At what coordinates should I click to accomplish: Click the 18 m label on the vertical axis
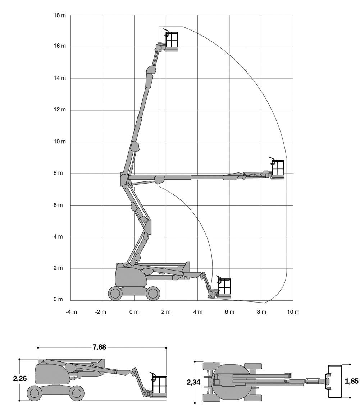tap(59, 15)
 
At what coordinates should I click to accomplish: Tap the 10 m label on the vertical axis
tap(59, 142)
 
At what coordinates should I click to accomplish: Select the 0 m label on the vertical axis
tap(58, 299)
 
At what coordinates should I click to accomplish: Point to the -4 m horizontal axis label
tap(71, 312)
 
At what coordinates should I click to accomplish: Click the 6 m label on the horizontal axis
tap(229, 312)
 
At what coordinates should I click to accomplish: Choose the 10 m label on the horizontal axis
tap(293, 312)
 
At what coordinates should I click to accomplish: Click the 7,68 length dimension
tap(100, 347)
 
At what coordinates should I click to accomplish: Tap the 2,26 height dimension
tap(20, 378)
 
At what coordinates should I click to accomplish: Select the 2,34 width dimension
tap(193, 382)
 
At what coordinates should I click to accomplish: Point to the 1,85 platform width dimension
tap(351, 381)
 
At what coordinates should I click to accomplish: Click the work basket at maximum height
tap(171, 40)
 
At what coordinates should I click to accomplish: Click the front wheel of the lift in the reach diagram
tap(153, 293)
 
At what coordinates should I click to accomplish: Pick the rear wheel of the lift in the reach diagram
tap(115, 293)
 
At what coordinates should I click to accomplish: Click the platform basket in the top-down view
tap(334, 381)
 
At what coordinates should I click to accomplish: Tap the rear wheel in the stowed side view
tap(34, 393)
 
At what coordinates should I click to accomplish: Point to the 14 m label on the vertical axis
tap(59, 78)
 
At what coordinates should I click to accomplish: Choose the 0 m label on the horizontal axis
tap(134, 312)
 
